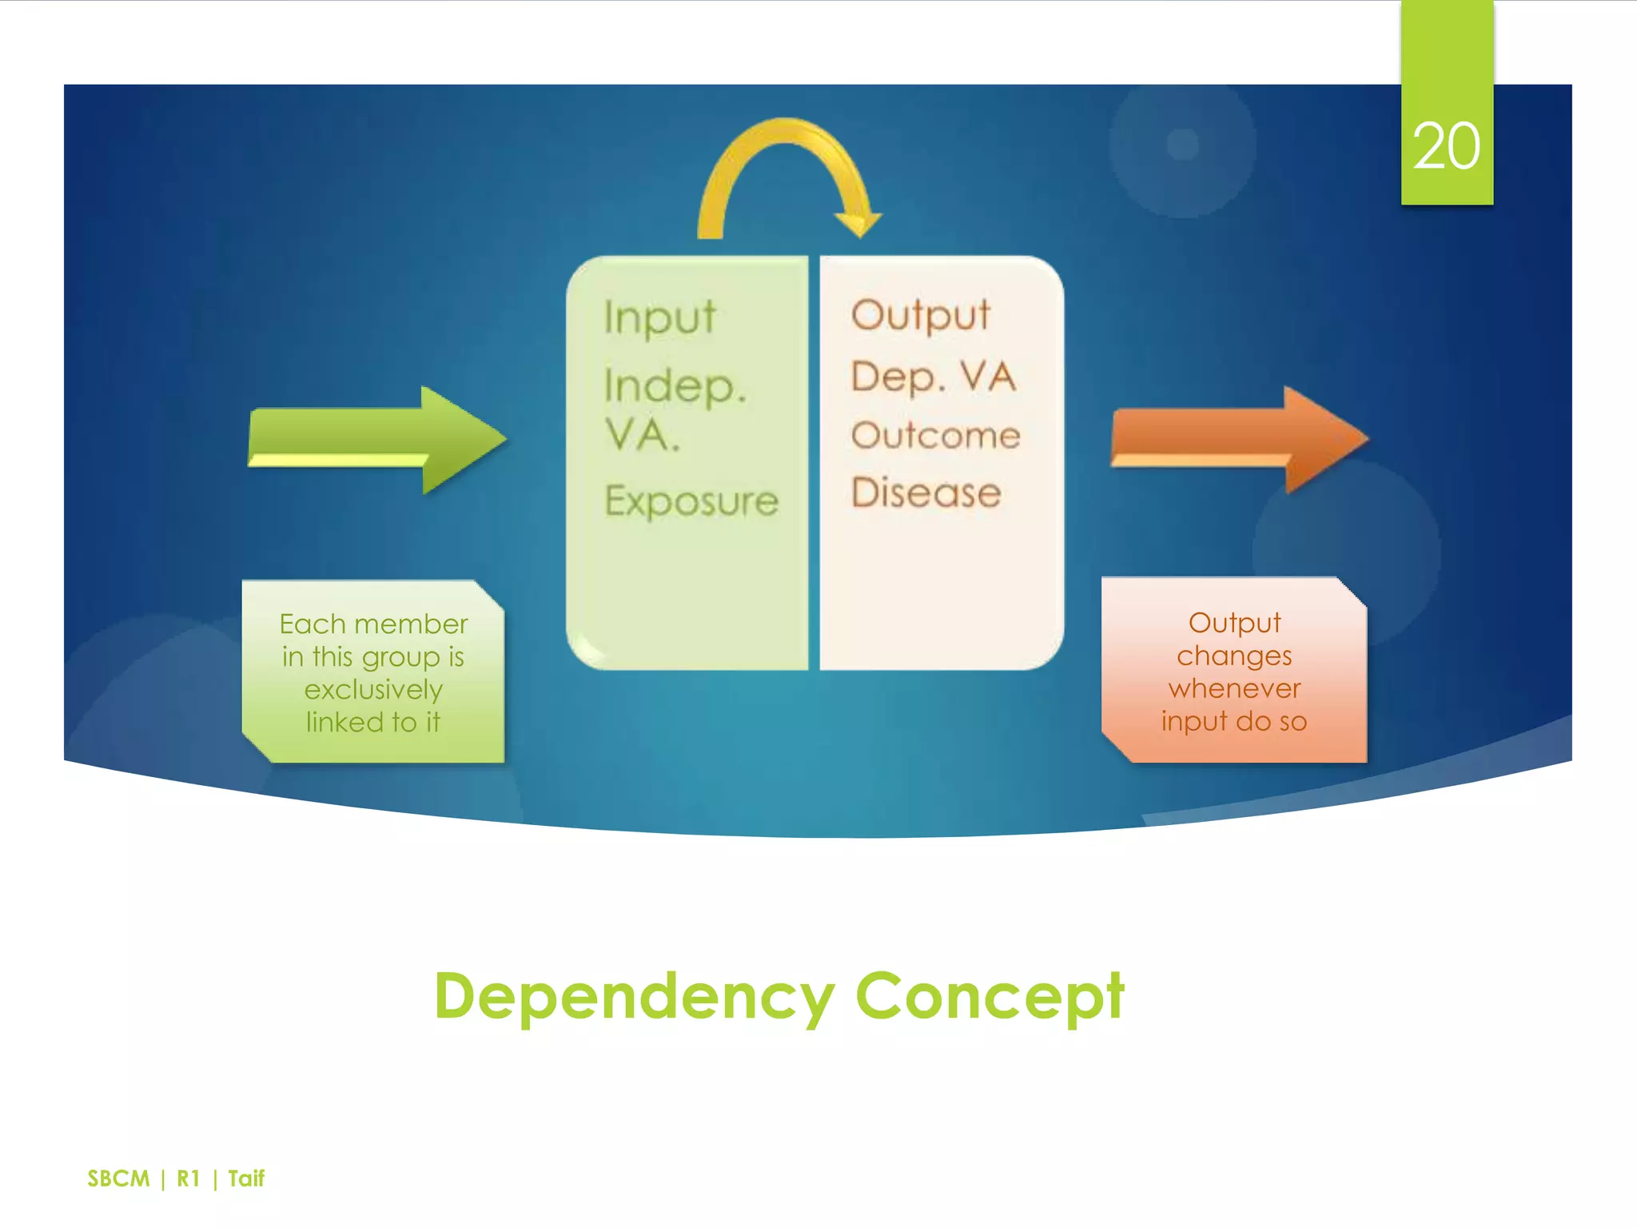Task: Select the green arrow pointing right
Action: [376, 439]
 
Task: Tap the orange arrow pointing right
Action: [1238, 439]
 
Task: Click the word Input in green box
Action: [659, 317]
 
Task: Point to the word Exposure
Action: [691, 501]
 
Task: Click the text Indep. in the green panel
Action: [675, 386]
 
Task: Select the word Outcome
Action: [935, 436]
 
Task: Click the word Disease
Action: [926, 492]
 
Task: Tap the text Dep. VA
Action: [933, 377]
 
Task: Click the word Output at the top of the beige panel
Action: [921, 315]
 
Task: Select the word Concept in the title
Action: [990, 996]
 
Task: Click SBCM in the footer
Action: [118, 1178]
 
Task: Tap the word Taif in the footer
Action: [246, 1178]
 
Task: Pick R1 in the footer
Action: [188, 1178]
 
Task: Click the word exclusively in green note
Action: [373, 689]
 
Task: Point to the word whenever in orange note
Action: [1234, 688]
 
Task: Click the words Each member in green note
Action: [373, 624]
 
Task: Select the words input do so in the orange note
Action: [1234, 721]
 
